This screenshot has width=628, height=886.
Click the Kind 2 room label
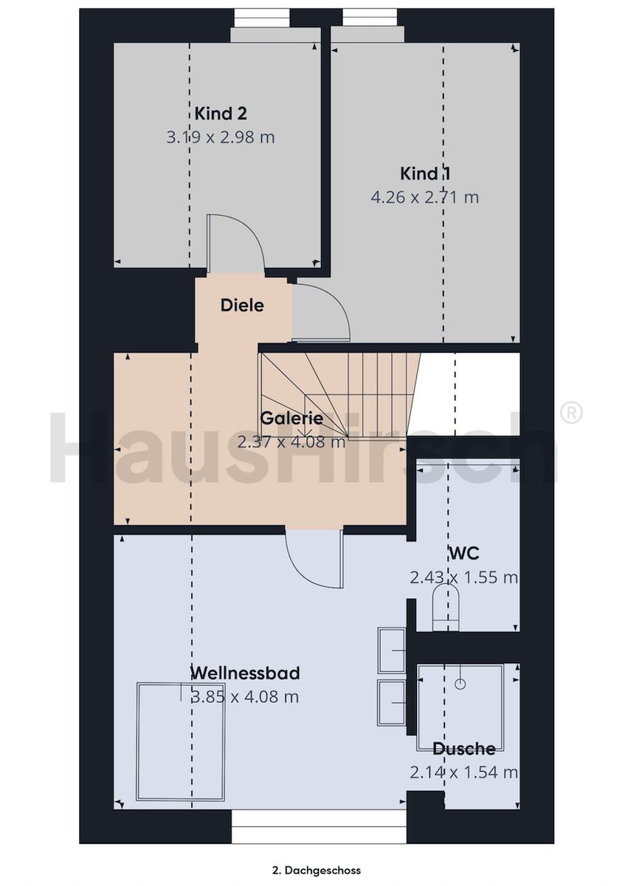click(x=221, y=114)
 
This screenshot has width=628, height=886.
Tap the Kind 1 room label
click(x=425, y=174)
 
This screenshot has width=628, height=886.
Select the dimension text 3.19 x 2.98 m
click(x=221, y=137)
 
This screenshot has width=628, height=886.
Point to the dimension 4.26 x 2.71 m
click(x=425, y=197)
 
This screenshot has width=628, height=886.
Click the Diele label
click(x=242, y=306)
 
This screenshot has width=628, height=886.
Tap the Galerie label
click(x=291, y=418)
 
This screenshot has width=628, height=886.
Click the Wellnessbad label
click(x=245, y=673)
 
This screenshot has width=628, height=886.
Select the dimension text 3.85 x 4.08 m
click(x=245, y=696)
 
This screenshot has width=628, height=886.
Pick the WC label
click(x=464, y=553)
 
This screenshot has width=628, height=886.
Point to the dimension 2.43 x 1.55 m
click(x=464, y=577)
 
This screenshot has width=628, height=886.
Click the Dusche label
click(x=464, y=749)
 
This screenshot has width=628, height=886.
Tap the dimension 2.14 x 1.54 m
click(x=464, y=772)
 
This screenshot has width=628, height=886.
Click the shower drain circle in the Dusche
click(x=460, y=684)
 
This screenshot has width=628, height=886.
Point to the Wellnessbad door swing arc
click(x=304, y=574)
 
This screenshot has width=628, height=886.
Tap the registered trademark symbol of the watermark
click(x=571, y=413)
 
